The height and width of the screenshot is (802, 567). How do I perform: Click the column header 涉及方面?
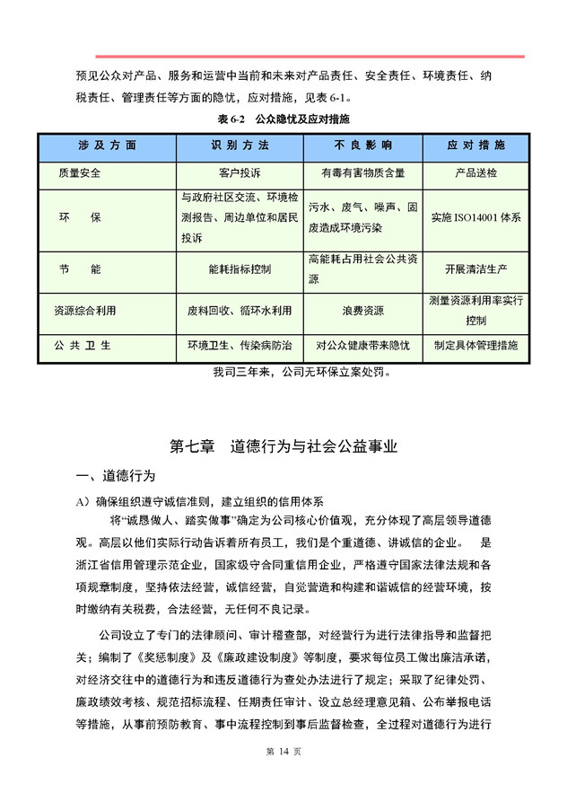point(107,145)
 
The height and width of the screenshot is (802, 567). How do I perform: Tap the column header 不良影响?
point(362,145)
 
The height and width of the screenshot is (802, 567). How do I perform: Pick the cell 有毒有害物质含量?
point(362,172)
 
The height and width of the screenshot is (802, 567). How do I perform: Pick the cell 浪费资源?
point(362,311)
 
